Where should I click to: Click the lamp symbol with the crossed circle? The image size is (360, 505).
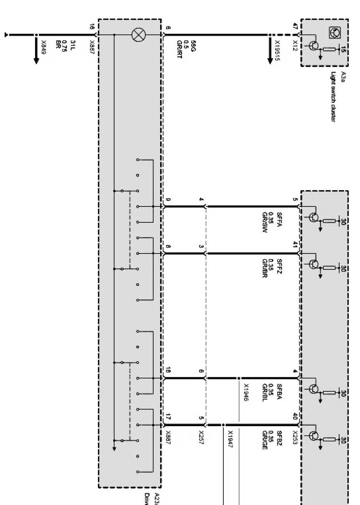pos(138,35)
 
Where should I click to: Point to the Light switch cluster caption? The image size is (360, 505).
pos(334,97)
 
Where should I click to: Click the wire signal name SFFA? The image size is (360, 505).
pos(279,220)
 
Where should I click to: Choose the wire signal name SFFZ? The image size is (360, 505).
pos(279,266)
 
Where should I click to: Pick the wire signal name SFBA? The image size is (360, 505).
pos(279,391)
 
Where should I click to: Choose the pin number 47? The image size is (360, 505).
pos(295,26)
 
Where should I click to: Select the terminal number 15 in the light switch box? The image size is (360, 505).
pos(343,50)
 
